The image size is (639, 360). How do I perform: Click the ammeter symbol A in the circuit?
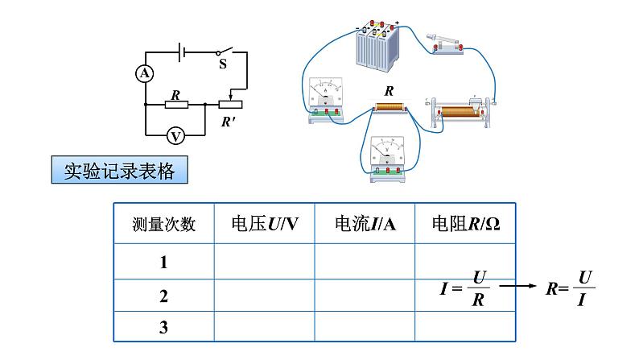(145, 73)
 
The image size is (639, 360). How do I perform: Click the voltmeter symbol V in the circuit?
(177, 134)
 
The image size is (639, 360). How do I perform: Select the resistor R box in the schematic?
(177, 104)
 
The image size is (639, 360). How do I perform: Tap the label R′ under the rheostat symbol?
(231, 123)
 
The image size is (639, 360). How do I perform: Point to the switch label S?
(223, 64)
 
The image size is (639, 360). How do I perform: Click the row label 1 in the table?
(163, 262)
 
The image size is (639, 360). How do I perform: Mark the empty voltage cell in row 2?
(264, 296)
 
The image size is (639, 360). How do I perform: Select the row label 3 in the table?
(163, 327)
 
